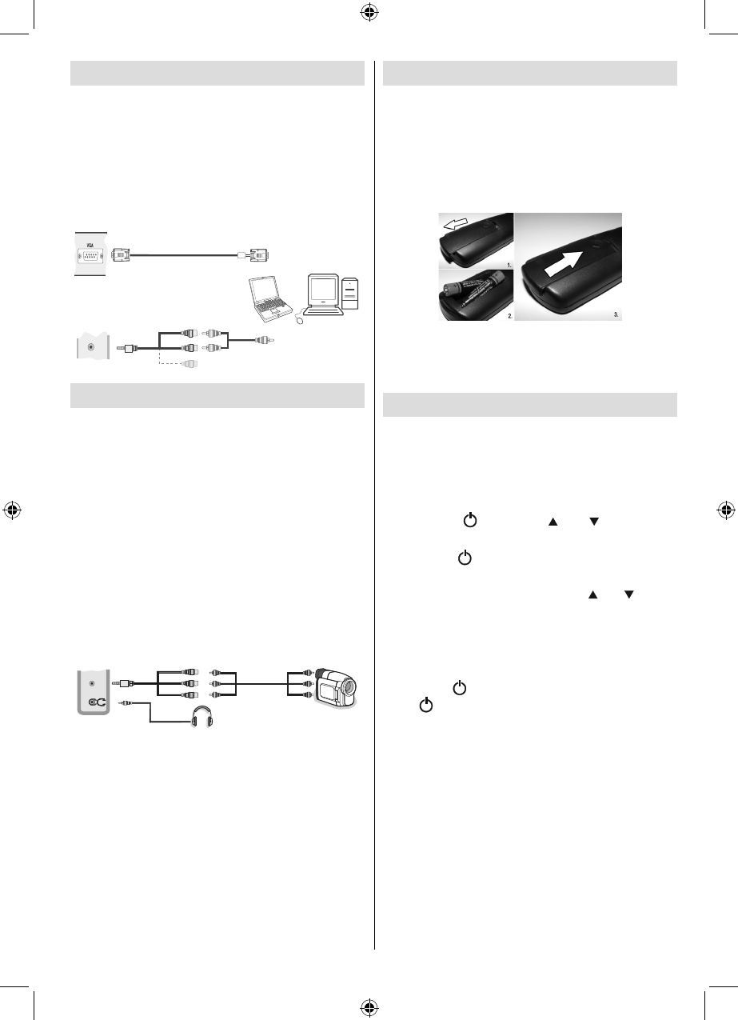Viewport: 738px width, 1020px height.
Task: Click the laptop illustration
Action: (270, 298)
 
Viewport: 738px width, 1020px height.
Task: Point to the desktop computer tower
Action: (350, 294)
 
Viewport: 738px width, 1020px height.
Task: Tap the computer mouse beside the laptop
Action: (299, 320)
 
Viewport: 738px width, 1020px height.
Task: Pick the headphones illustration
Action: (202, 716)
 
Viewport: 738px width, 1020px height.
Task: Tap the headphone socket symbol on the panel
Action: (98, 702)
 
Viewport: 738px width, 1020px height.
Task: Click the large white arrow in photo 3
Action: (563, 265)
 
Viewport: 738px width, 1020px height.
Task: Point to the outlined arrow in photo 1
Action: (456, 224)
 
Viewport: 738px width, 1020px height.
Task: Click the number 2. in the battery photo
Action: (509, 315)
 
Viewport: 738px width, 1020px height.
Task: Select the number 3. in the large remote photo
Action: (616, 314)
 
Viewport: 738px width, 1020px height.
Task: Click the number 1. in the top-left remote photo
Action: (509, 265)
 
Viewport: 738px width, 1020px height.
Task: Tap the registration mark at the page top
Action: (369, 13)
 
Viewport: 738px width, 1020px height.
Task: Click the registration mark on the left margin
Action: (12, 510)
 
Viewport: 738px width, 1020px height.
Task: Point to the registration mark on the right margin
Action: (726, 510)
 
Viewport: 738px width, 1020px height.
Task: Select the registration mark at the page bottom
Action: (369, 1006)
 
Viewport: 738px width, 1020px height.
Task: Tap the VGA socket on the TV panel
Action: (90, 256)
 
